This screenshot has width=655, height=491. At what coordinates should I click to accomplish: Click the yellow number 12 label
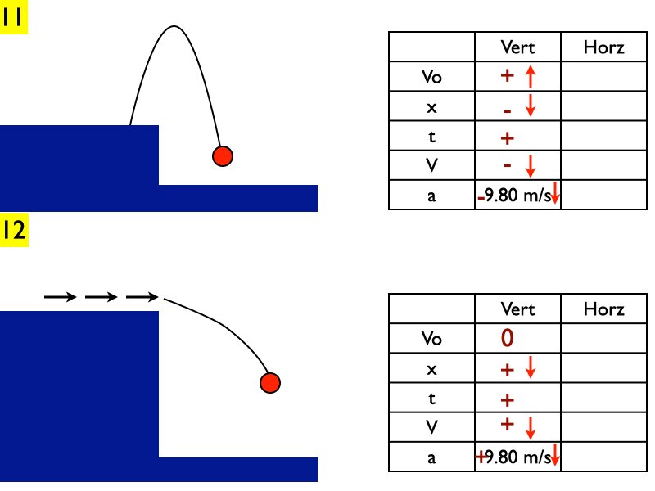coord(15,230)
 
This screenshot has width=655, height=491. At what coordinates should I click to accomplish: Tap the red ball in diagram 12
coord(270,382)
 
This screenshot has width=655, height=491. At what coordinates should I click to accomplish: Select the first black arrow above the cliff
coord(57,297)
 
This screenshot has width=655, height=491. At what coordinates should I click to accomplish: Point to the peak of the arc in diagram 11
coord(173,27)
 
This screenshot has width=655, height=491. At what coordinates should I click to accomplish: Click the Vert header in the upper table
coord(517,47)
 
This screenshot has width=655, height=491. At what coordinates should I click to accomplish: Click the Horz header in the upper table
coord(603,47)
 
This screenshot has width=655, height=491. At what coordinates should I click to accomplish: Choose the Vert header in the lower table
coord(517,309)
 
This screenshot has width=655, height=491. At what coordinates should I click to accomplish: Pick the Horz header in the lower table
coord(603,309)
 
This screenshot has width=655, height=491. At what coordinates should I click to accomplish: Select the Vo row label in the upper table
coord(431,77)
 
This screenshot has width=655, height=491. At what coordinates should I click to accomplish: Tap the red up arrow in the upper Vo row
coord(530,77)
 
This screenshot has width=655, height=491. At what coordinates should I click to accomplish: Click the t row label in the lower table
coord(431,399)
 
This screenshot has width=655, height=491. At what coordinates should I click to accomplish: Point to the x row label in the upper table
coord(431,107)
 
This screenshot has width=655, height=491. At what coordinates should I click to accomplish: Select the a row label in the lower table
coord(431,458)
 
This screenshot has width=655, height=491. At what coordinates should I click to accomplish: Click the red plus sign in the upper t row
coord(507,137)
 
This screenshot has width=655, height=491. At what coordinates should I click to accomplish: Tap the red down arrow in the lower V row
coord(530,428)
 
